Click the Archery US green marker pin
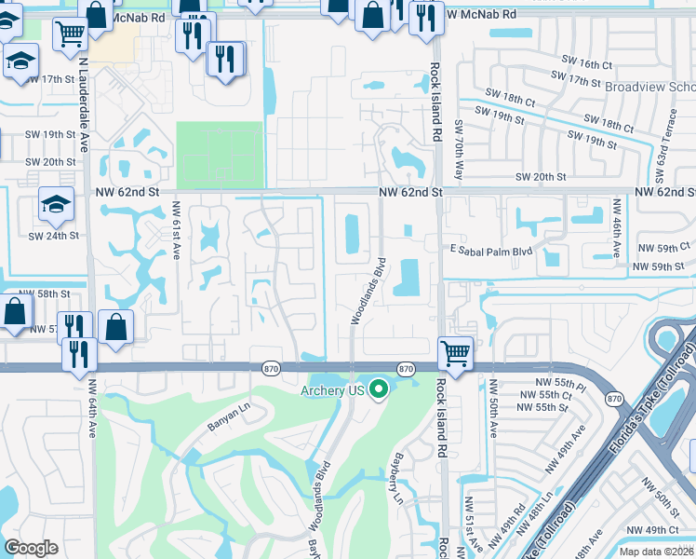pos(378,389)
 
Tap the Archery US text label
pos(330,390)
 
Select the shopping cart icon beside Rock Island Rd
pos(455,352)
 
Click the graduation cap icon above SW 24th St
pos(55,203)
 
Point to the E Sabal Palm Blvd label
pos(489,251)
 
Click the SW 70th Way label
pos(459,149)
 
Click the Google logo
pos(31,548)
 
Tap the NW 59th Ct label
pos(664,249)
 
